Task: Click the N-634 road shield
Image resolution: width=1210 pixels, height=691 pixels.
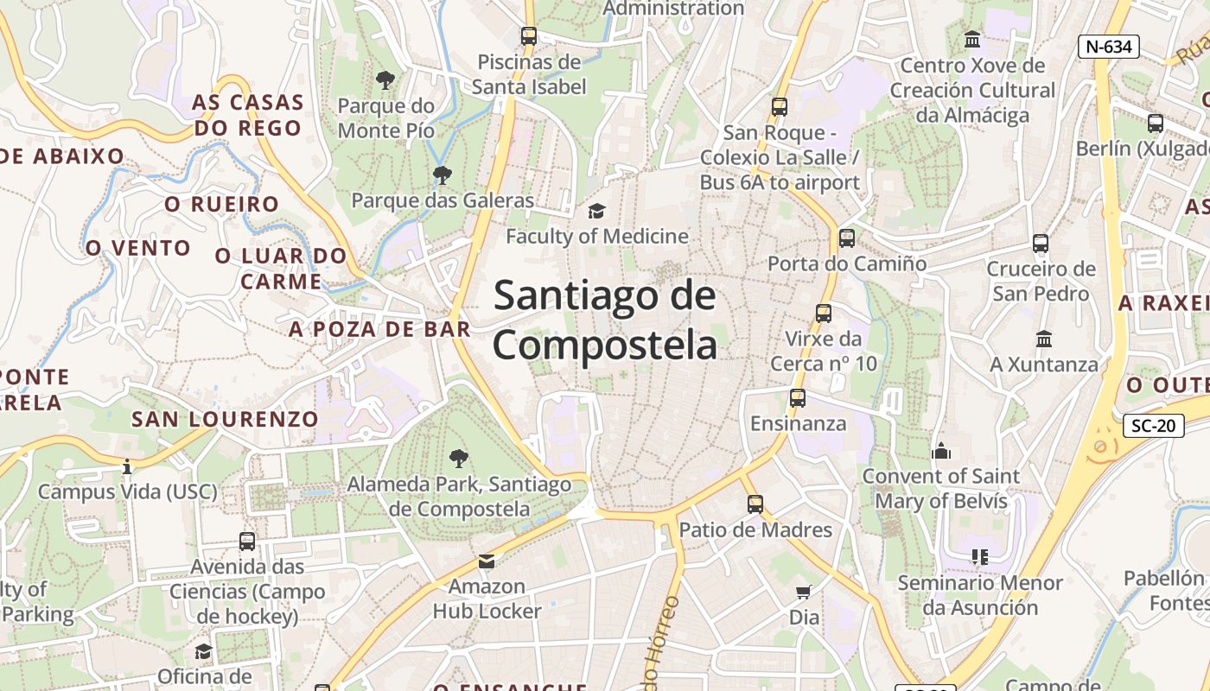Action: tap(1108, 47)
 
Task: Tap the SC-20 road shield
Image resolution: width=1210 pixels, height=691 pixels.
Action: tap(1153, 425)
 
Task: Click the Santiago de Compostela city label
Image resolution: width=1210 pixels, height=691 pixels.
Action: tap(605, 320)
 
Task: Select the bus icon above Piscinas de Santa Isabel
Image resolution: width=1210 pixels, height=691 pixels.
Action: tap(529, 36)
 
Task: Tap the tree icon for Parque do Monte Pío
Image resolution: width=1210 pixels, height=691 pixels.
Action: tap(385, 80)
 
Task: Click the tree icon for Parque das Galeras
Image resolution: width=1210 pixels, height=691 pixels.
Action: tap(443, 175)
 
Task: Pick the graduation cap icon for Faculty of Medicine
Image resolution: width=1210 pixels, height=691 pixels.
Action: tap(596, 211)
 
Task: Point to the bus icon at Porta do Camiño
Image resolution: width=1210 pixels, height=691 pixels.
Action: tap(847, 238)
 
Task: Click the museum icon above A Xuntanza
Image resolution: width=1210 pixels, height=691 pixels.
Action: tap(1044, 339)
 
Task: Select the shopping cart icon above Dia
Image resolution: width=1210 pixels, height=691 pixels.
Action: tap(804, 592)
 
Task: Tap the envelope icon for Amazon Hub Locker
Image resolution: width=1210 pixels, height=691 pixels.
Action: tap(487, 561)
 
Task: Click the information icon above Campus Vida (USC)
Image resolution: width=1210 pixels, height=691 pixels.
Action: tap(127, 466)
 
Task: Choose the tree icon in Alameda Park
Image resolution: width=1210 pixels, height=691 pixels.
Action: tap(459, 458)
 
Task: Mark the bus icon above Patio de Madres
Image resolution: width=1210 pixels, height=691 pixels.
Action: tap(755, 504)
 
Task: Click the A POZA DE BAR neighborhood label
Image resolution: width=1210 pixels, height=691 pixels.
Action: tap(379, 329)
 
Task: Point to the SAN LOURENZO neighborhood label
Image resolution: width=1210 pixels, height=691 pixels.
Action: tap(225, 420)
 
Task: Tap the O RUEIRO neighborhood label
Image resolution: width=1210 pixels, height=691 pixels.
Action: tap(222, 205)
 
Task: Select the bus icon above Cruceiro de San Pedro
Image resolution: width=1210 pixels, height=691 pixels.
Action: tap(1041, 244)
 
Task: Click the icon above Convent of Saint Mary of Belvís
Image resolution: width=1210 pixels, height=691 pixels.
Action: tap(941, 450)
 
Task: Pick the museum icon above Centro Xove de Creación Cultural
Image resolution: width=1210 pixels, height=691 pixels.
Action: tap(972, 40)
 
